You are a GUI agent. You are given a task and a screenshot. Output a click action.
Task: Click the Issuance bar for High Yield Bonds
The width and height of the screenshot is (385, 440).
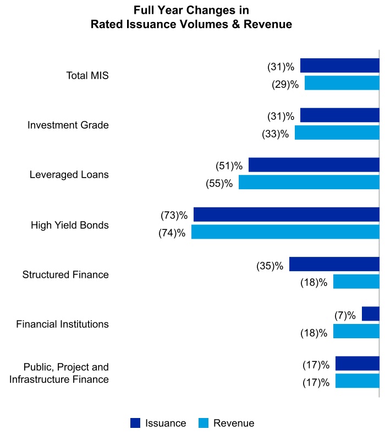pos(286,215)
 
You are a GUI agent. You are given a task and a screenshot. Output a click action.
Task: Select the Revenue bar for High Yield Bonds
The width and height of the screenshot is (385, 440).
pos(285,232)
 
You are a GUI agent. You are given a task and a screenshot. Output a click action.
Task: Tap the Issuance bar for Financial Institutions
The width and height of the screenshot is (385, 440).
pos(370,314)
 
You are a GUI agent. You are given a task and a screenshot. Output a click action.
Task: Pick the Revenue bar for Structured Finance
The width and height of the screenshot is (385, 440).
pos(356,282)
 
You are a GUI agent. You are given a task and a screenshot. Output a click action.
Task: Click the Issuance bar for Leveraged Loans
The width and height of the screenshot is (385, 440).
pos(313,165)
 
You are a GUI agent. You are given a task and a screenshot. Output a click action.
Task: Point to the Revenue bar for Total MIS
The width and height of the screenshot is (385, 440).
pos(342,83)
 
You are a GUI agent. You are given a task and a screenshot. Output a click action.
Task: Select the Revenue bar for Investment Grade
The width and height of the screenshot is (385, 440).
pos(337,133)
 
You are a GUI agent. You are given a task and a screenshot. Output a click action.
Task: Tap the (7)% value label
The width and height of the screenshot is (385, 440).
pos(345,315)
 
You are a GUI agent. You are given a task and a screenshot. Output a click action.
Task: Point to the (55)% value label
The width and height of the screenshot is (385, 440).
pos(219,183)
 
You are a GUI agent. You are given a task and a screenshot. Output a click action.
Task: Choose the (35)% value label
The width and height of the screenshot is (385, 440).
pos(269,266)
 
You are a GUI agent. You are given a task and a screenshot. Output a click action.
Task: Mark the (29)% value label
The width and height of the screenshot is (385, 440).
pos(285,84)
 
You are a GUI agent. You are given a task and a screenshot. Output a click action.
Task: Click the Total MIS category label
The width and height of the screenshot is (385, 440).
pos(87,75)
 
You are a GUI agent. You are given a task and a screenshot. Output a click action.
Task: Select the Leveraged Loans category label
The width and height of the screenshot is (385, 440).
pos(69,175)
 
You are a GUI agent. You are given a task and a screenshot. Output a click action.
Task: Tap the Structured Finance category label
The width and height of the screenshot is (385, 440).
pos(65,274)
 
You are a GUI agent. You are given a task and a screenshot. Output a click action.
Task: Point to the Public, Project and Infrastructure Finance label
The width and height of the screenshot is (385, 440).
pos(66,373)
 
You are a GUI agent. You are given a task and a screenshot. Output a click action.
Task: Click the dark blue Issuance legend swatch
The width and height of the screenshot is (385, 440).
pos(135,423)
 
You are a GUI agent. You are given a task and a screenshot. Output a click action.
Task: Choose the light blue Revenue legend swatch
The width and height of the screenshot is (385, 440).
pos(203,423)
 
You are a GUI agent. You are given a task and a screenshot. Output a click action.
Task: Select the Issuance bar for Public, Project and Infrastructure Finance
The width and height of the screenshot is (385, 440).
pos(357,364)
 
